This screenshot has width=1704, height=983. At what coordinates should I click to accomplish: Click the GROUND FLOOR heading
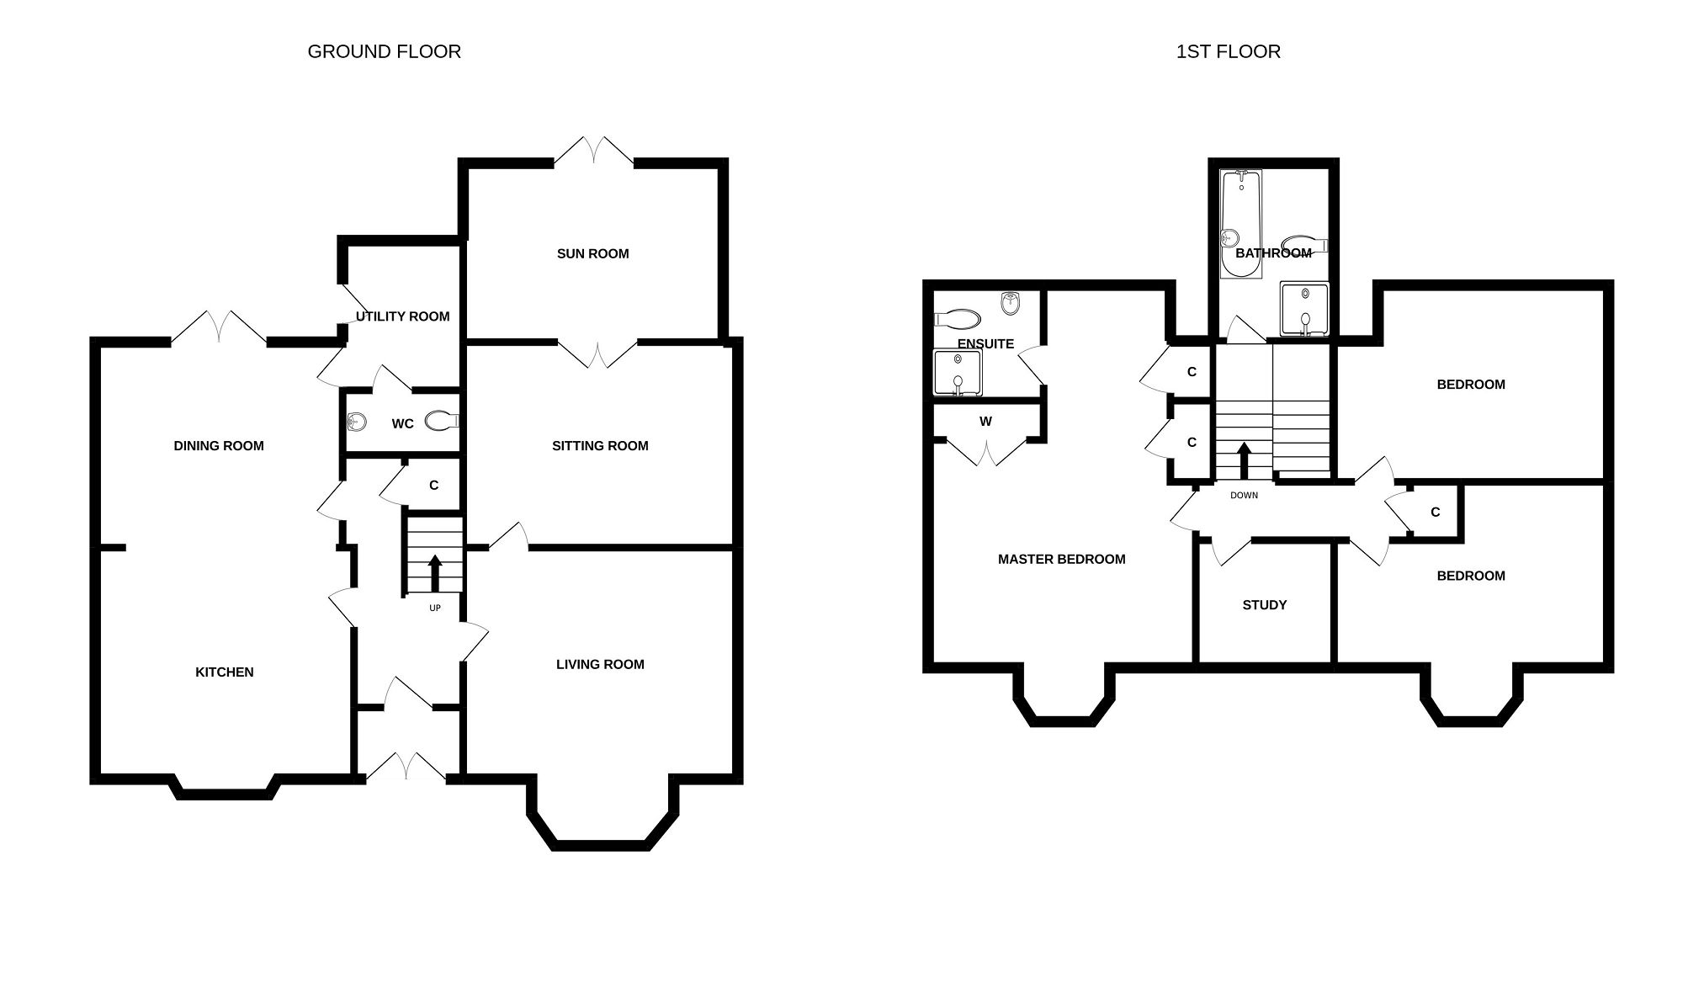(x=384, y=51)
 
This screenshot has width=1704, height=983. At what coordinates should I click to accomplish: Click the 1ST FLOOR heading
(x=1228, y=51)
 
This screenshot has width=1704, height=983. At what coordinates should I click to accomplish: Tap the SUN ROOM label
(x=592, y=253)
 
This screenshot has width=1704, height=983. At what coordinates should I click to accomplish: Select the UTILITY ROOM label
(x=402, y=316)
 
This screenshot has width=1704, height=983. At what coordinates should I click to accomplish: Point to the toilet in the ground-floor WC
(x=441, y=420)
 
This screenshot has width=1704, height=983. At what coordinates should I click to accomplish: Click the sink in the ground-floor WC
(x=357, y=421)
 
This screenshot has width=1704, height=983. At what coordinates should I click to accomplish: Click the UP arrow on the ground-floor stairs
(x=435, y=573)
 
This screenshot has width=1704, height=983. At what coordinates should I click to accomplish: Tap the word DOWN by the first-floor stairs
(x=1244, y=495)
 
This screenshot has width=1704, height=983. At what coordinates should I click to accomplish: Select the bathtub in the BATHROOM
(x=1240, y=224)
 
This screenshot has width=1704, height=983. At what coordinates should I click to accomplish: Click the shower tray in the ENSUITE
(x=958, y=373)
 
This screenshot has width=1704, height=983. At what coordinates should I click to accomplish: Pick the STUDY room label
(x=1264, y=605)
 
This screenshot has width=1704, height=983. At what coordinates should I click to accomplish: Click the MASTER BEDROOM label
(x=1061, y=559)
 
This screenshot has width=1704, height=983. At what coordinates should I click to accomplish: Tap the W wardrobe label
(x=985, y=421)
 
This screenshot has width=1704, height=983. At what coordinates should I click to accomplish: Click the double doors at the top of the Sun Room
(x=594, y=151)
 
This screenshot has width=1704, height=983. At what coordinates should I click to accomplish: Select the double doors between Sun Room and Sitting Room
(x=597, y=354)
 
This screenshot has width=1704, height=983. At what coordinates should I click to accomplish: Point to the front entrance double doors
(x=406, y=766)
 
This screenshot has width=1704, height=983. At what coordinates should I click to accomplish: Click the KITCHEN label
(x=224, y=672)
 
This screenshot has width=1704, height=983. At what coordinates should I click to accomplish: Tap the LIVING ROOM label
(x=600, y=664)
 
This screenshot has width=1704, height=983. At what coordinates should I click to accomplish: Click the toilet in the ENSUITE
(x=958, y=319)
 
